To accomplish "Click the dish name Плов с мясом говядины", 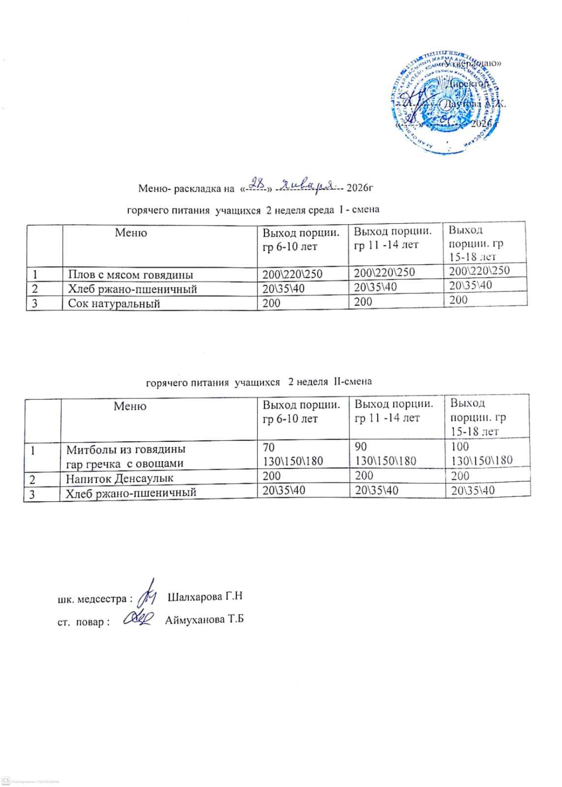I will coord(130,274).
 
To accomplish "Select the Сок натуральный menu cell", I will coord(114,303).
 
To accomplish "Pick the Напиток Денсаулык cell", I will coord(119,478).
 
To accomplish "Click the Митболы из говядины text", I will coord(126,449).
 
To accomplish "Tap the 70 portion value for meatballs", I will coord(269,447).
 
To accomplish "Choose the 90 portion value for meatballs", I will coord(361,447).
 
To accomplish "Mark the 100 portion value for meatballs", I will coord(460,447).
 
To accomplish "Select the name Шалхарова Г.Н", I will coord(205,597).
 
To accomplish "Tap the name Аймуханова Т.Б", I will coord(204,620).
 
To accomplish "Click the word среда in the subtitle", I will coord(321,210).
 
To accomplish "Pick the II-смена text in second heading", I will coord(353,382).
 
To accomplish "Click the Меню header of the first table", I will coord(131,233).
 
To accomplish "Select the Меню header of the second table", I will coord(130,406).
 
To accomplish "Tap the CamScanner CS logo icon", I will coord(6,781).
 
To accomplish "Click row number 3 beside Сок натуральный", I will coord(35,303).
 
